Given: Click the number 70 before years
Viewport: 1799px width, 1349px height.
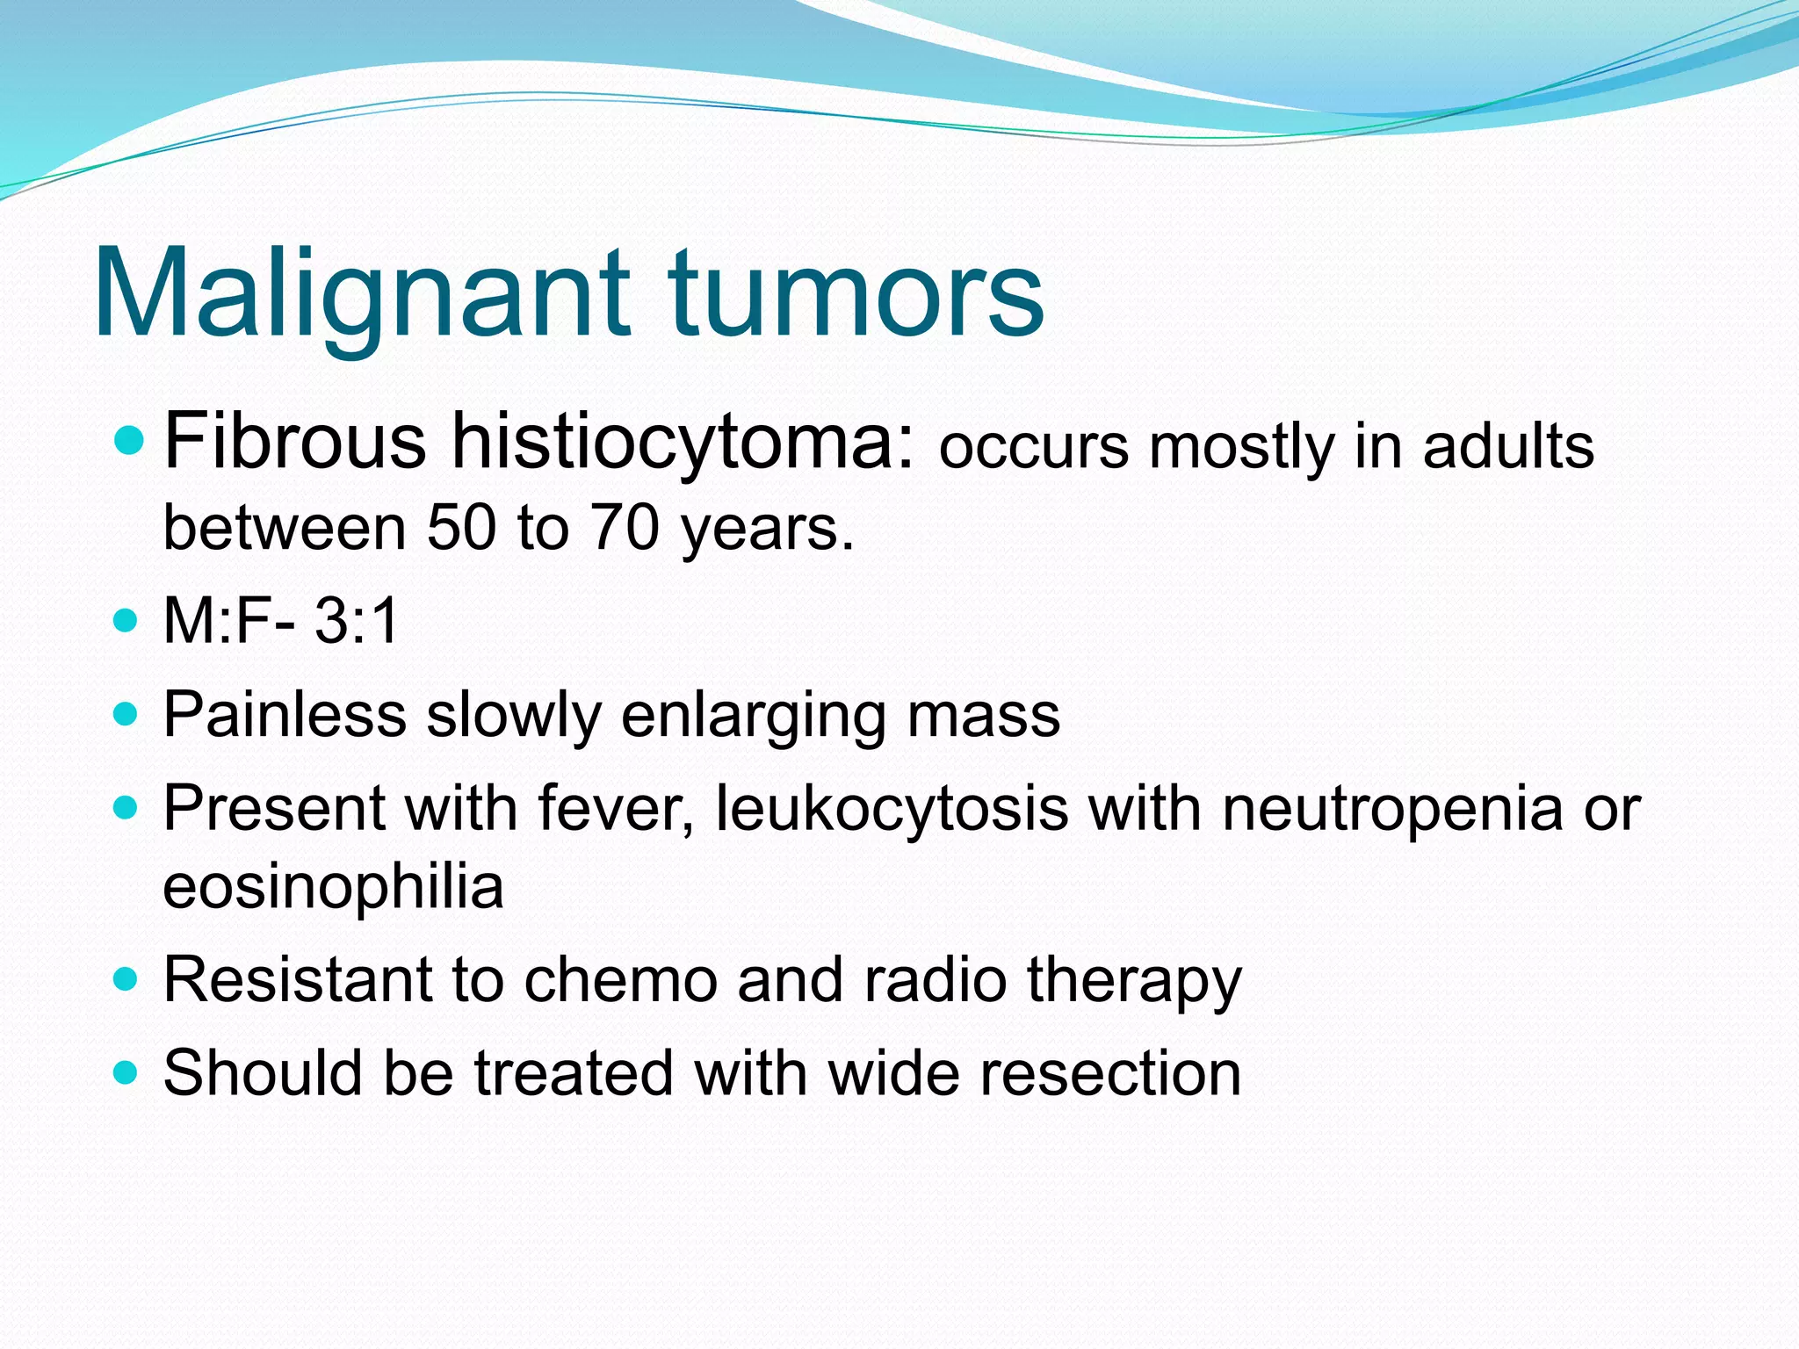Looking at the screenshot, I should tap(625, 528).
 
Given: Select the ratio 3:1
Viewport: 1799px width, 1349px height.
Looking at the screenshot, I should tap(357, 621).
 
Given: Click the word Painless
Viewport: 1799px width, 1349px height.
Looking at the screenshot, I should tap(285, 714).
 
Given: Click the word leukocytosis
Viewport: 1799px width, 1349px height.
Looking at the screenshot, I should tap(892, 808).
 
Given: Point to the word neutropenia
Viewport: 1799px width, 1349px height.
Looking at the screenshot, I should tap(1392, 810).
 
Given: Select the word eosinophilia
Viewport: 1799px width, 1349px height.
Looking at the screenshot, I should tap(333, 888).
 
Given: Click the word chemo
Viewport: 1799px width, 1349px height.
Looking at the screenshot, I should tap(620, 980).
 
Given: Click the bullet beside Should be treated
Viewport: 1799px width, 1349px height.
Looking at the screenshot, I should tap(126, 1072).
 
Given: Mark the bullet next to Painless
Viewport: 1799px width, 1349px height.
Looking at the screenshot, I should tap(126, 714).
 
